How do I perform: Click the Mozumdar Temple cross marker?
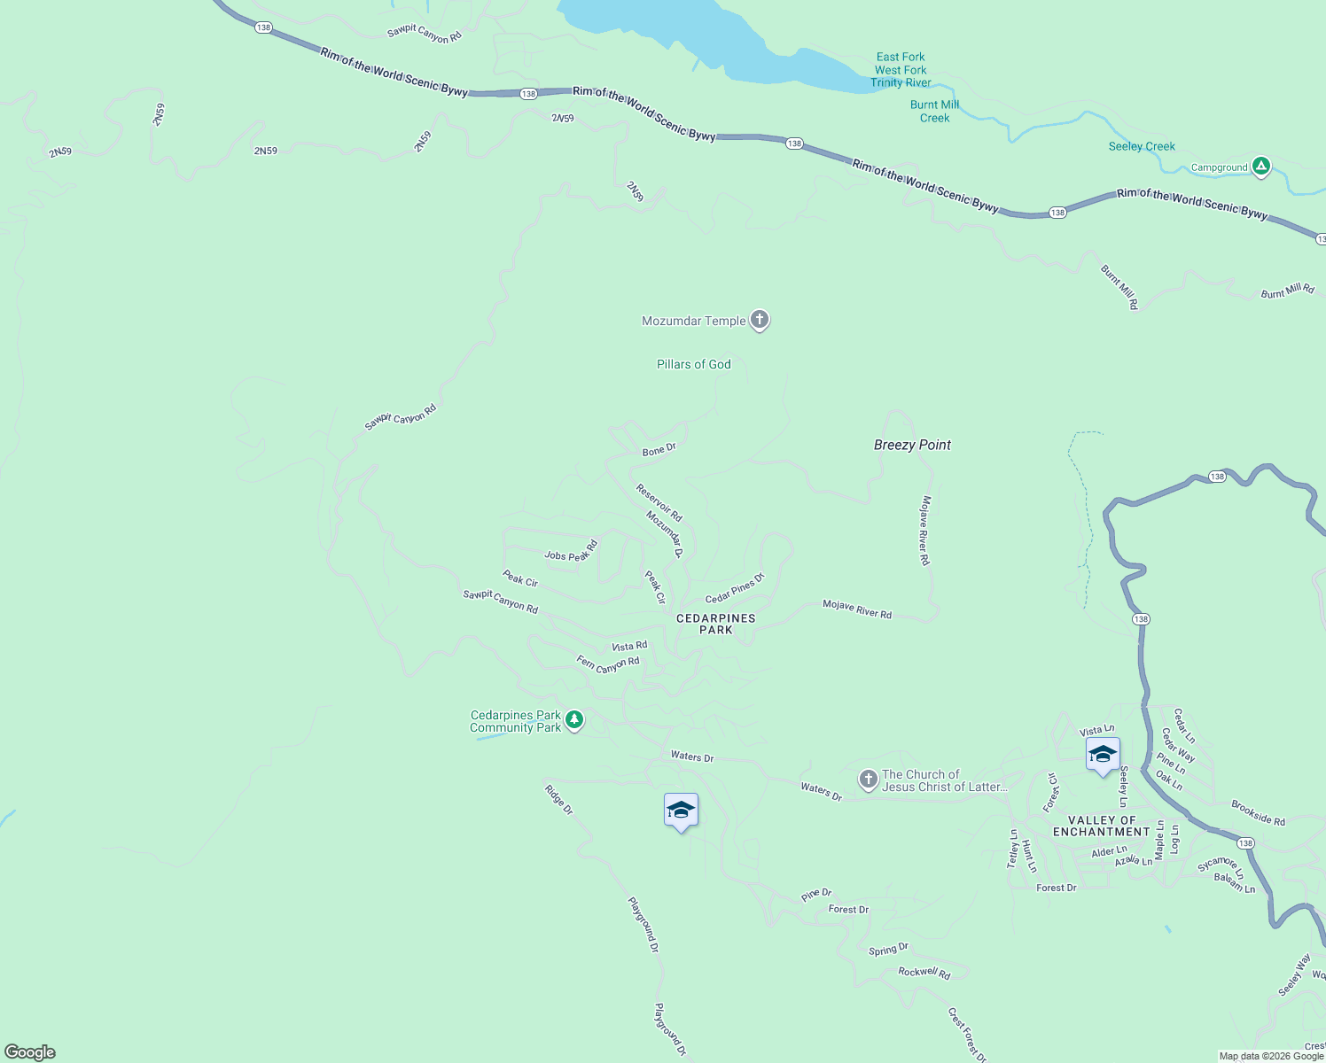759,319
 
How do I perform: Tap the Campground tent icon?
1260,166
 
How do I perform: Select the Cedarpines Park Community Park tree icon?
574,719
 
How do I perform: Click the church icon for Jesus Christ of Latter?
868,779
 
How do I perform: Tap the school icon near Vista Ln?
1103,755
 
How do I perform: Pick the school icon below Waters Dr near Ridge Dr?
681,811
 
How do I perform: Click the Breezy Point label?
912,445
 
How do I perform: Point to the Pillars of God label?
694,364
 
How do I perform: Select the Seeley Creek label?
1142,146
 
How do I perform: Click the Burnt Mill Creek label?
934,111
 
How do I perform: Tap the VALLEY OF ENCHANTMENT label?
1102,826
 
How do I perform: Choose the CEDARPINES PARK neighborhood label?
716,624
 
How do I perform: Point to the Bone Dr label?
659,450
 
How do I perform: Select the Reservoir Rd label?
659,502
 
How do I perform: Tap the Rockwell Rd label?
924,972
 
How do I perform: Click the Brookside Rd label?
1258,813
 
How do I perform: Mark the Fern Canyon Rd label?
608,663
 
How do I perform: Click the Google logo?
30,1052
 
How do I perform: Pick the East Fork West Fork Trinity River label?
901,70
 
